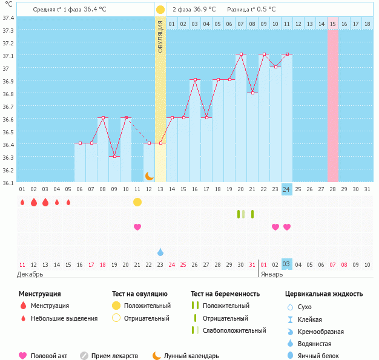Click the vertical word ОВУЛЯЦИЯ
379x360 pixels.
pos(160,36)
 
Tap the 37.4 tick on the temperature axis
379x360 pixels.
pos(9,18)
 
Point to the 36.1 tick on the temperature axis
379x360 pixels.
pos(9,182)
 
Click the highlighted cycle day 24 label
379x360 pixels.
pos(286,189)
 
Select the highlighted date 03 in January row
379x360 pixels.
pos(286,264)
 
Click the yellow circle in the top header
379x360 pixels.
pos(160,10)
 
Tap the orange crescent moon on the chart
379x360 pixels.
pos(149,175)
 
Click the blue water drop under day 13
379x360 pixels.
pos(160,252)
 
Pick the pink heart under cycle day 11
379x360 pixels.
pos(137,227)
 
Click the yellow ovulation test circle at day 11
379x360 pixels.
pos(137,201)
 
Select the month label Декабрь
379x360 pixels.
pos(30,274)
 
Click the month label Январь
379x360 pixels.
pos(272,274)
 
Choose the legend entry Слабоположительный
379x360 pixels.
pos(234,330)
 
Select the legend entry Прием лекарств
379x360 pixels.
pos(114,356)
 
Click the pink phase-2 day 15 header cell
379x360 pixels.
pos(333,24)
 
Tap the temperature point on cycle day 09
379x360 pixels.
pos(114,156)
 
